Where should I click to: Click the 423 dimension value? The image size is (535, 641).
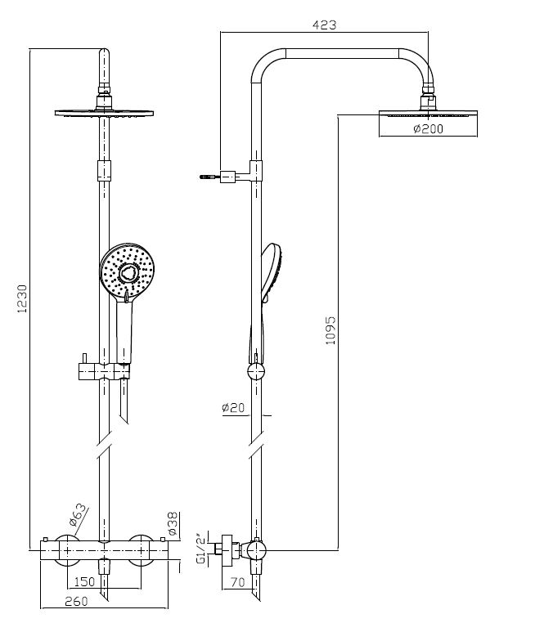(x=325, y=25)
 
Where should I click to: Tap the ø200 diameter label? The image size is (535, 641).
(x=428, y=129)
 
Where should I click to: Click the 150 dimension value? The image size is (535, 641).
(x=83, y=581)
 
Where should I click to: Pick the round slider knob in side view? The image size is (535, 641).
(x=257, y=372)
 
